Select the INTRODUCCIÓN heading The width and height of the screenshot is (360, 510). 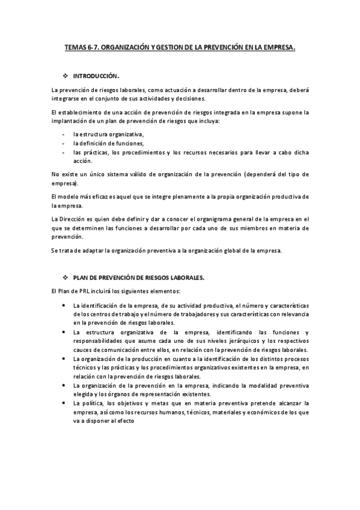[96, 76]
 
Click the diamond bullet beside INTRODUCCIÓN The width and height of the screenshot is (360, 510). [66, 76]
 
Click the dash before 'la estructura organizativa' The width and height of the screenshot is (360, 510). [64, 134]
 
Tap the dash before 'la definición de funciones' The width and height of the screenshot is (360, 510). [64, 143]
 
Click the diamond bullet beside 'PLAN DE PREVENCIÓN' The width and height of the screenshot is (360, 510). [66, 277]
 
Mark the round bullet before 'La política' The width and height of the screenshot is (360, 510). [64, 404]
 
